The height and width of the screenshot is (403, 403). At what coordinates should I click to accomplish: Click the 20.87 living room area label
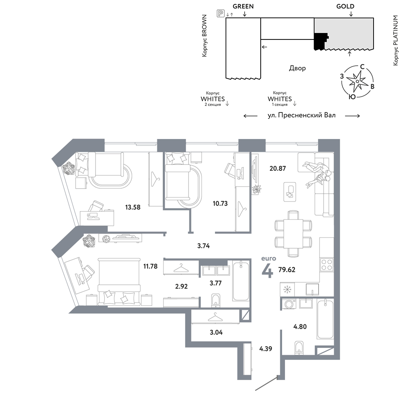[278, 168]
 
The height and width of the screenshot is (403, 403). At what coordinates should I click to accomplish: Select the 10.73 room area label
[220, 203]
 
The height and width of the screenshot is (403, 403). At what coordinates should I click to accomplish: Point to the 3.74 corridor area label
[203, 246]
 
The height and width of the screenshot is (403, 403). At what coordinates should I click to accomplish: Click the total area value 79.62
[287, 270]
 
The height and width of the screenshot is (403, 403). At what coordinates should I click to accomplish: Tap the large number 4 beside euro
[268, 270]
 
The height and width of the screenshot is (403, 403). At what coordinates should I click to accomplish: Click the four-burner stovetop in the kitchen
[326, 265]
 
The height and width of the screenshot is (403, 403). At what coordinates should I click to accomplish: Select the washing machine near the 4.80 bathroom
[289, 303]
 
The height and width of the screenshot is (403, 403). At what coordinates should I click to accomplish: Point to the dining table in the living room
[293, 234]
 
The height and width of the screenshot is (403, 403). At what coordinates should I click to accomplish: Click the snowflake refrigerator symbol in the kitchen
[286, 290]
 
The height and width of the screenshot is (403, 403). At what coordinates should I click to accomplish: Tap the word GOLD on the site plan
[345, 6]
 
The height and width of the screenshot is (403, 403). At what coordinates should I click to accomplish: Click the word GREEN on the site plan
[243, 6]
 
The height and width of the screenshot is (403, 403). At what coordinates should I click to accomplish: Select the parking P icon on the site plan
[220, 13]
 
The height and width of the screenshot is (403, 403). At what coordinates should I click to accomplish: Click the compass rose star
[357, 81]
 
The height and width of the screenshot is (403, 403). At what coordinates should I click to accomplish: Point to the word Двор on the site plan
[297, 68]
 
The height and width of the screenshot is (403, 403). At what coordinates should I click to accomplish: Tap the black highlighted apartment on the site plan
[320, 41]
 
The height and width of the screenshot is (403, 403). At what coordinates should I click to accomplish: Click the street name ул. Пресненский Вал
[301, 115]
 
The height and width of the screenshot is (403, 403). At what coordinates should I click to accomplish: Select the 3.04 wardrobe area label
[216, 332]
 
